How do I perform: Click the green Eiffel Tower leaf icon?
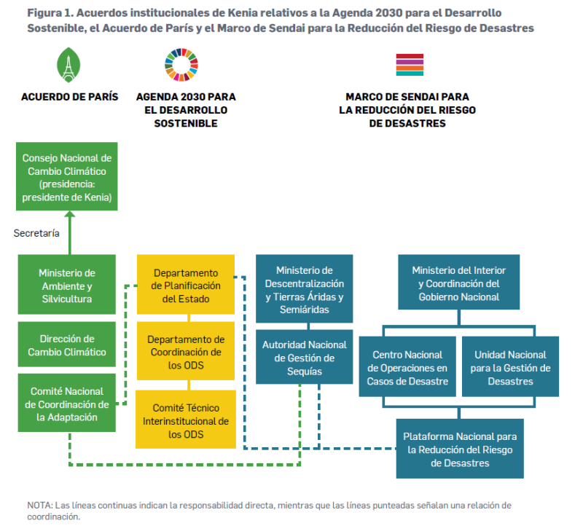69,66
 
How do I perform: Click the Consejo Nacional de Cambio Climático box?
66,177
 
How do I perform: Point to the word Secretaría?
36,233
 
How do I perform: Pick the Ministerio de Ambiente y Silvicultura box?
66,285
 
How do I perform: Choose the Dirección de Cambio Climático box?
66,345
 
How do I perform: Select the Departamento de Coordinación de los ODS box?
186,352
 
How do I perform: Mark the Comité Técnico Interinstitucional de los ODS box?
186,420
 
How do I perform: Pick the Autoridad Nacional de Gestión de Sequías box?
305,357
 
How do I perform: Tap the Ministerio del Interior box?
459,283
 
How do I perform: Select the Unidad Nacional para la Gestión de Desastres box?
511,367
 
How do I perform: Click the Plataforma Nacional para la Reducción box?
460,449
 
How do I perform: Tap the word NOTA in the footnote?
36,505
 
